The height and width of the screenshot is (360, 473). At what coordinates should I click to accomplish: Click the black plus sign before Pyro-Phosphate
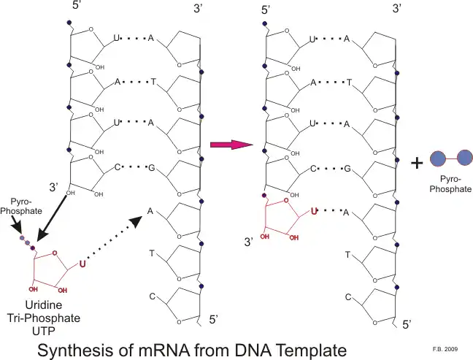417,163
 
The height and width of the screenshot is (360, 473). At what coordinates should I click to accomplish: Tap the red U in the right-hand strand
315,212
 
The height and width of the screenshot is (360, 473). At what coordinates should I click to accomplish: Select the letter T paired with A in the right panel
347,83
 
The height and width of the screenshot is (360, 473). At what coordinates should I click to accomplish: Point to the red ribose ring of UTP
54,268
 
